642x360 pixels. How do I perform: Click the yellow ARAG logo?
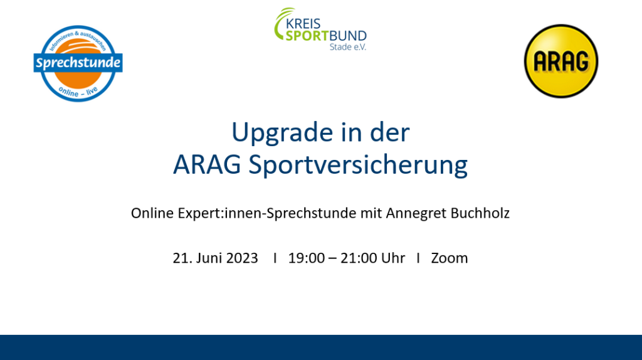(561, 61)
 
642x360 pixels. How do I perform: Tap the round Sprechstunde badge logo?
(78, 63)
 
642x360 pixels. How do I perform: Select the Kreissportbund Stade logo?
(320, 29)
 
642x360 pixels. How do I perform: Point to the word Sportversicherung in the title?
(358, 166)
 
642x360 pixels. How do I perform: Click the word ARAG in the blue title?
(207, 165)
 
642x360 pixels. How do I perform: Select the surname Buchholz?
(480, 213)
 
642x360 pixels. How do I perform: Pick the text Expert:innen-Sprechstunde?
(267, 214)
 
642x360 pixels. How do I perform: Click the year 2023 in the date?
(242, 258)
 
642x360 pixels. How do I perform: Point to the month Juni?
(209, 258)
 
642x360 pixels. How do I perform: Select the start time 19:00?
(306, 258)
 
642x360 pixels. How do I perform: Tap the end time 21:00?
(359, 258)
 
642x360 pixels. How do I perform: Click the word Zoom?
(449, 258)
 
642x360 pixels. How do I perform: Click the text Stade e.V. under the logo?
(348, 46)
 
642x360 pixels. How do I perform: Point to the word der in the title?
(389, 132)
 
